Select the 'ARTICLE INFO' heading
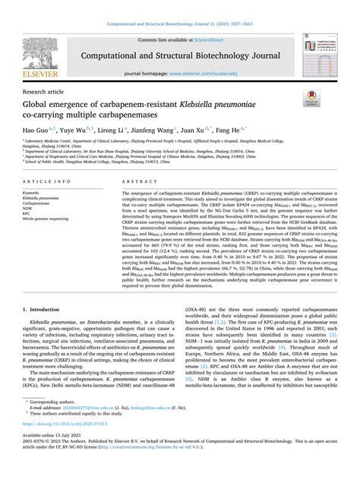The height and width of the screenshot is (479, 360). click(47, 183)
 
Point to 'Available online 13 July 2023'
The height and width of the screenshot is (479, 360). click(48, 458)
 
